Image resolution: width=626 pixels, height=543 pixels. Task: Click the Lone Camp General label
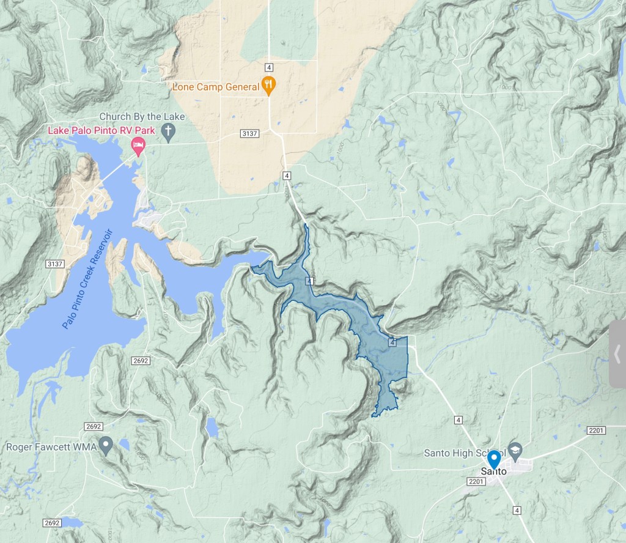point(216,87)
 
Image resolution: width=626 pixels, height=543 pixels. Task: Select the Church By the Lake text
point(142,117)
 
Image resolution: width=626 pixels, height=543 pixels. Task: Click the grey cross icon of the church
point(168,130)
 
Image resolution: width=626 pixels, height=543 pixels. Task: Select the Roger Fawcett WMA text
point(49,446)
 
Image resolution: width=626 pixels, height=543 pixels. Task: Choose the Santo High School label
point(465,453)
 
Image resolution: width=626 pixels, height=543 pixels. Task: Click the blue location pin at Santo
point(494,460)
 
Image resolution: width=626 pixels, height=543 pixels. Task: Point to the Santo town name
point(495,471)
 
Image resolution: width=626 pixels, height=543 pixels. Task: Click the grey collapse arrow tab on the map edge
point(617,353)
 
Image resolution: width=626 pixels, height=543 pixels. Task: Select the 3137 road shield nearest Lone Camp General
point(250,134)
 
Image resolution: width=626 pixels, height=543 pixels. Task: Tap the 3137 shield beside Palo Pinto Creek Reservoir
point(54,264)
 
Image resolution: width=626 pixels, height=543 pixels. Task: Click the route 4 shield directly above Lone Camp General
point(268,66)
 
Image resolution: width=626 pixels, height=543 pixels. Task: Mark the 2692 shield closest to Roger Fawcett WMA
point(94,426)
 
